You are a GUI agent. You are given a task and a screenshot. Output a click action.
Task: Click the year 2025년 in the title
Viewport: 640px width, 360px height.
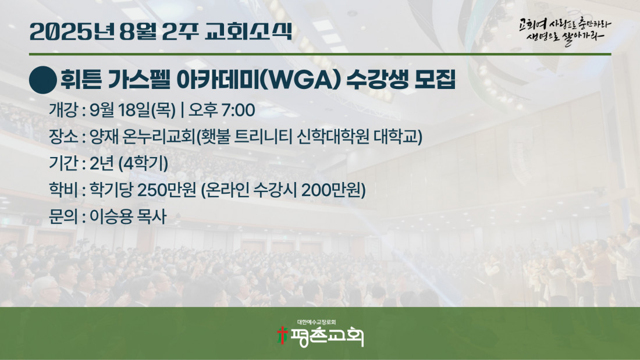[72, 31]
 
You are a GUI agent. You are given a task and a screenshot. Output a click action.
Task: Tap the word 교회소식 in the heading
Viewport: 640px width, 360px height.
[248, 31]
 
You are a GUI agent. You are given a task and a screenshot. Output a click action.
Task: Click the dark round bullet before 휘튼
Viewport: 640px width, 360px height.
[43, 80]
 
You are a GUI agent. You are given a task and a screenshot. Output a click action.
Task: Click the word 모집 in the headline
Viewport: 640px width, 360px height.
[435, 80]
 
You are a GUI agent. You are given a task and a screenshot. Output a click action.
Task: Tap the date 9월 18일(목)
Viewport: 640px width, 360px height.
[132, 110]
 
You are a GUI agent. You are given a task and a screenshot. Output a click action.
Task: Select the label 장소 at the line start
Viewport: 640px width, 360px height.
[63, 136]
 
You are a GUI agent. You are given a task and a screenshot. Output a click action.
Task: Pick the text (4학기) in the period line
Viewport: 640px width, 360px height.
[143, 163]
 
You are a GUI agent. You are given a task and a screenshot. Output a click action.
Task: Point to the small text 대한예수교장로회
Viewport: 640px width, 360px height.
[317, 322]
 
